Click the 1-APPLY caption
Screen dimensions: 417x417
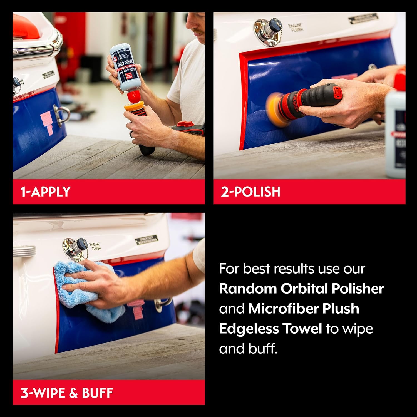point(46,192)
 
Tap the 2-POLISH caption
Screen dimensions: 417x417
point(250,192)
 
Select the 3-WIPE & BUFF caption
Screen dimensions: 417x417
point(67,393)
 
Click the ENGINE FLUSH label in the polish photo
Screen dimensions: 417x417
point(295,28)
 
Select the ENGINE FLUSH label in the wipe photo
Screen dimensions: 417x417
point(95,246)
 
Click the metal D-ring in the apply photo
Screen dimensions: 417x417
point(62,114)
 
